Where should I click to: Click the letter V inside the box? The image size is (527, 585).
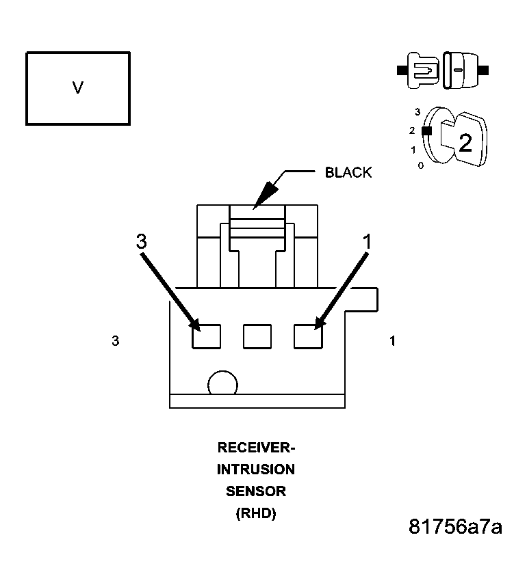pos(78,88)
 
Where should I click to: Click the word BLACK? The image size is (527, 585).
pos(348,172)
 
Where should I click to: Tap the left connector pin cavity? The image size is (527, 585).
pos(206,336)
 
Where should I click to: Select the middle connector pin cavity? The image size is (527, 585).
pos(257,336)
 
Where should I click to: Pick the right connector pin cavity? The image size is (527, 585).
pos(308,336)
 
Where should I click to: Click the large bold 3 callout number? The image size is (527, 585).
pos(141,241)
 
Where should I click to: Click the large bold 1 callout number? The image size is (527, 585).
pos(367,241)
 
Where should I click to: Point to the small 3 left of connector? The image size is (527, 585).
pos(116,341)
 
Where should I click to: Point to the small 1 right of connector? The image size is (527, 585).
pos(392,341)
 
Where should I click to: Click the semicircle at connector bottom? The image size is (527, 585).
pos(223,384)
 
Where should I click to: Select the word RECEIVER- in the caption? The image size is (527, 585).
pos(256,448)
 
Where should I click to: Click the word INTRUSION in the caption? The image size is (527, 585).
pos(256,470)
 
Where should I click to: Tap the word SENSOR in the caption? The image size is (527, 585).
pos(256,491)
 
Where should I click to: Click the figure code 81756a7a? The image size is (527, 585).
pos(455,528)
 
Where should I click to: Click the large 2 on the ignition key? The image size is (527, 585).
pos(465,143)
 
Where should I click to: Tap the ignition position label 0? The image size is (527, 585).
pos(421,165)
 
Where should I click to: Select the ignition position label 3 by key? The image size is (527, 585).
pos(417,111)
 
